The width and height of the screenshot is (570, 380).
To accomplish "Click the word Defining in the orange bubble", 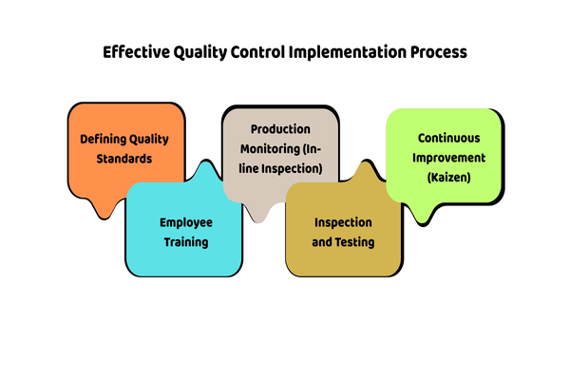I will (104, 139).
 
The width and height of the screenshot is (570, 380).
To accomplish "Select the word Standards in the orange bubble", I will (124, 158).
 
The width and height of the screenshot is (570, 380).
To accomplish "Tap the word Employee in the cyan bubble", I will (186, 222).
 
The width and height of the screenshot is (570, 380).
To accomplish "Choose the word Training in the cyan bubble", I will (186, 242).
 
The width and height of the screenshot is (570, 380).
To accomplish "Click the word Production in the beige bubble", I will (280, 128).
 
